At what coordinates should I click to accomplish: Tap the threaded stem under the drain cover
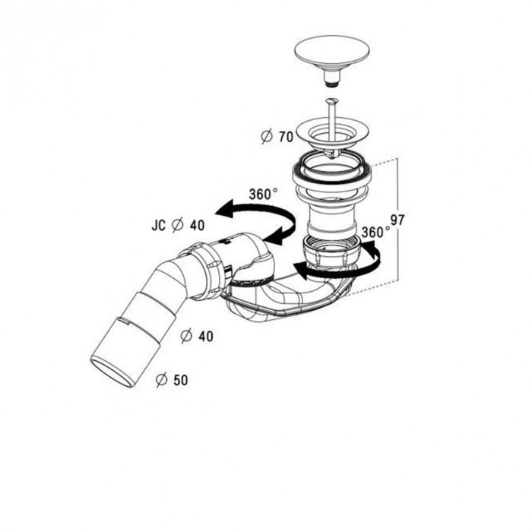(x=331, y=78)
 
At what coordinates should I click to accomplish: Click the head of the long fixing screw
(x=331, y=100)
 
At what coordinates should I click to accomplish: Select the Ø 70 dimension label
(x=277, y=136)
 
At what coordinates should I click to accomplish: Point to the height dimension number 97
(x=397, y=220)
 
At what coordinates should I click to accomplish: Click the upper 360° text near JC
(x=263, y=194)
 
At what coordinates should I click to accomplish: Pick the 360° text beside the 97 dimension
(x=375, y=232)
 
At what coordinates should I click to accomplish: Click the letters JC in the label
(x=158, y=225)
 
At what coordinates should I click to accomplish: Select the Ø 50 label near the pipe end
(x=172, y=380)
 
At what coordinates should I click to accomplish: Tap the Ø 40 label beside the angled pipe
(x=197, y=336)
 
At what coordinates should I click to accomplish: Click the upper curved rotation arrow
(x=256, y=220)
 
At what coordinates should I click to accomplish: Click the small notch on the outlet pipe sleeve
(x=123, y=320)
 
